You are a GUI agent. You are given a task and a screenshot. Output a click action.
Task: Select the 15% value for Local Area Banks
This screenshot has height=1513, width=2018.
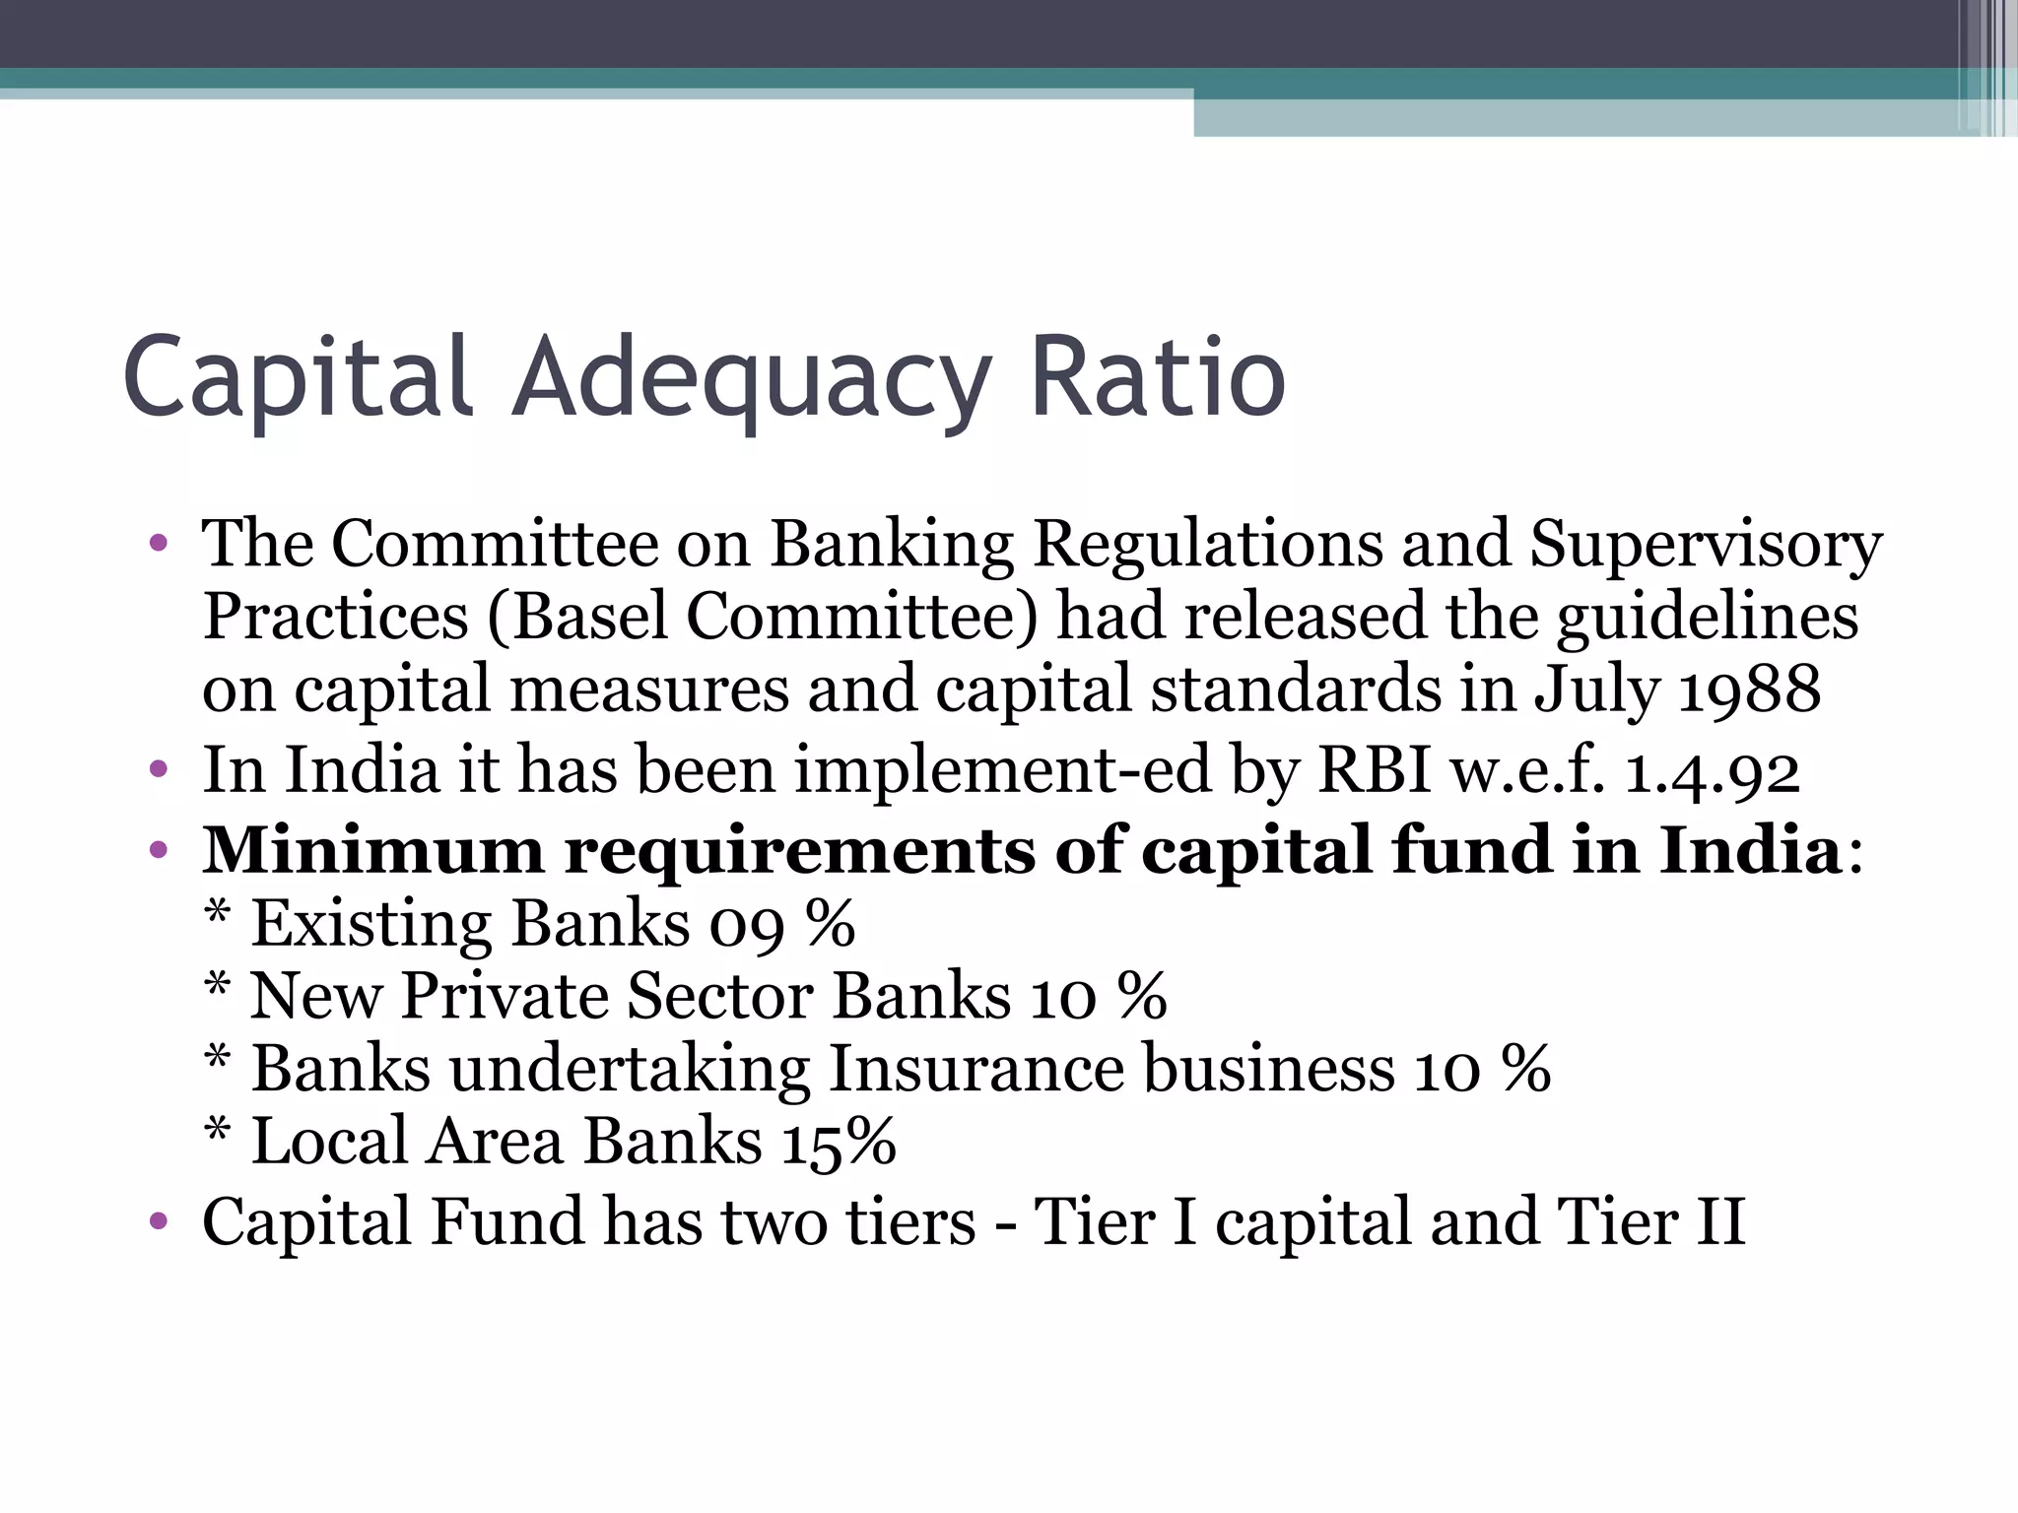click(x=839, y=1142)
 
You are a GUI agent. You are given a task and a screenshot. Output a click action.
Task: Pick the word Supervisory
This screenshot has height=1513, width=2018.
click(x=1705, y=545)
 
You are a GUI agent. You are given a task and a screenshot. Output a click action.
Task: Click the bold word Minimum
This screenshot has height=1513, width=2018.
click(x=372, y=850)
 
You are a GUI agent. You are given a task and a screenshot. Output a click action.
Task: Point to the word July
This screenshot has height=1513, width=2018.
click(x=1595, y=691)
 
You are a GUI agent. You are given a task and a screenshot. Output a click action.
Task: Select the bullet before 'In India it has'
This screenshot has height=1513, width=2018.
click(x=158, y=769)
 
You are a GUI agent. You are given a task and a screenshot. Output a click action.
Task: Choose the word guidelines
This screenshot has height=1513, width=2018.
click(x=1707, y=618)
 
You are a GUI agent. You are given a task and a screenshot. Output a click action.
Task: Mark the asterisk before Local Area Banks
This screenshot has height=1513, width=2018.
click(x=218, y=1132)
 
